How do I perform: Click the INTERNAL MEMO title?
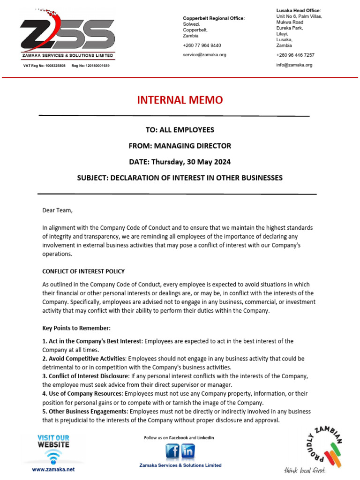coord(180,100)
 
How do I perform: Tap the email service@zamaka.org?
coord(204,55)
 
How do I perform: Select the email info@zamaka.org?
coord(294,65)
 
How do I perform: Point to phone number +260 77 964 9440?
coord(202,45)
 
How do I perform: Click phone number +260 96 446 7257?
coord(295,55)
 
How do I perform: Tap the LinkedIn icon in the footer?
coord(188,452)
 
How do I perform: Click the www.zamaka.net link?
coord(53,469)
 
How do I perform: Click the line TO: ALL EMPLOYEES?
coord(180,130)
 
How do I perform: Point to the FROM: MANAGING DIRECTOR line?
coord(180,146)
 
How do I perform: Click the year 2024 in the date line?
coord(222,162)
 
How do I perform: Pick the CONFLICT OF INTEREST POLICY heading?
coord(83,271)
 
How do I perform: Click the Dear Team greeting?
coord(58,210)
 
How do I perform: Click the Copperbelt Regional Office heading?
coord(214,18)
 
